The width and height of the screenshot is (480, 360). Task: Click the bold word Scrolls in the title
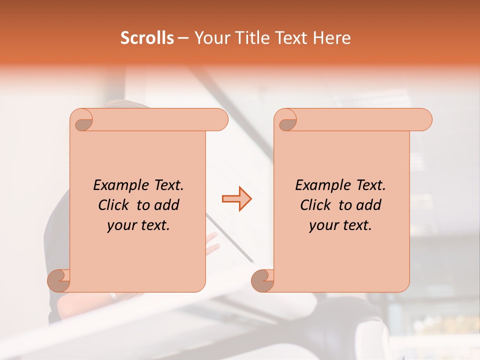tap(147, 38)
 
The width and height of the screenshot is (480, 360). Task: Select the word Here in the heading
tap(332, 38)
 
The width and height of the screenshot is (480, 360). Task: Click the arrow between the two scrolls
tap(236, 199)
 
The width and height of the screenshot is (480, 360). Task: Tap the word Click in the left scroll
tap(114, 205)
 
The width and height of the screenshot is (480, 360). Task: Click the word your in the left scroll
tap(121, 226)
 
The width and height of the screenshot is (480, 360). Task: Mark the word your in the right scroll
tap(323, 226)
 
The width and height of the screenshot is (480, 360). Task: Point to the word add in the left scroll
tap(167, 205)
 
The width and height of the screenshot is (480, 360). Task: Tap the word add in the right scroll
tap(369, 205)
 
